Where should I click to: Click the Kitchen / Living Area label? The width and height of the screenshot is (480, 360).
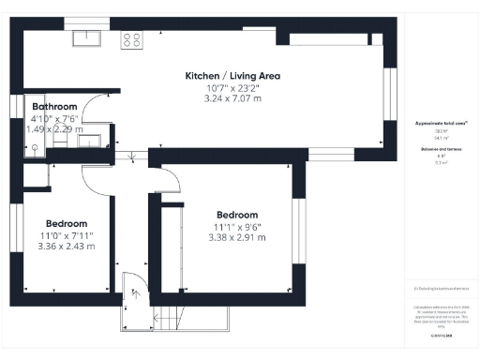(x=232, y=75)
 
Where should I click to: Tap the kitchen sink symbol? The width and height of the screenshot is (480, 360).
(x=90, y=38)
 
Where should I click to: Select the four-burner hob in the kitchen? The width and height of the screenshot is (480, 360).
(x=132, y=40)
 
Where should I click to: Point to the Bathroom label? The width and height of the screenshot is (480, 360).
(x=47, y=107)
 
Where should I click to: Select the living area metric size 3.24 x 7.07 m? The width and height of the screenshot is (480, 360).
(x=232, y=98)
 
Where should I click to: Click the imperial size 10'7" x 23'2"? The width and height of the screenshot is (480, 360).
(x=232, y=87)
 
